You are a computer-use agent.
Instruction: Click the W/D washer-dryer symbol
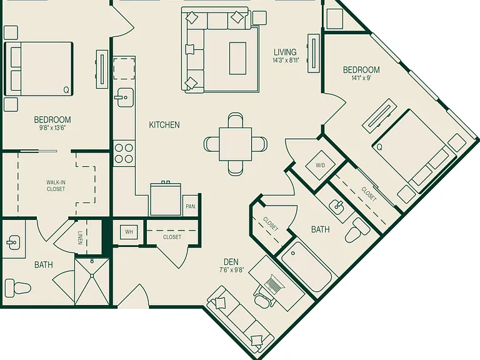tap(321, 166)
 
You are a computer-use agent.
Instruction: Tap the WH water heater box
tap(129, 232)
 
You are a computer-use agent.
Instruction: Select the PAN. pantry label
tap(191, 207)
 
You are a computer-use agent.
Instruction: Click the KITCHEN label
tap(164, 125)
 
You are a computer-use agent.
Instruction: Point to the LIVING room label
tap(285, 52)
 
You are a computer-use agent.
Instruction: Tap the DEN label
tap(231, 262)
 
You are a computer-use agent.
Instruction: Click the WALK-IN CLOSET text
tap(56, 186)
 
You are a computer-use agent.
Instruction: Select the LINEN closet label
tap(80, 237)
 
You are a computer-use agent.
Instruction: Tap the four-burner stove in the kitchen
tap(124, 154)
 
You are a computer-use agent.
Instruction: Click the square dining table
tap(236, 144)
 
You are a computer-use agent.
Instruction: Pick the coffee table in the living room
tap(238, 58)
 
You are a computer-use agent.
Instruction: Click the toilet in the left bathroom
tap(18, 287)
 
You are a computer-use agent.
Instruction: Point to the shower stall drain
tap(92, 276)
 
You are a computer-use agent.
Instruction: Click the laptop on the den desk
tap(274, 283)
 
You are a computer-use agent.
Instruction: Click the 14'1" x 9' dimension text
tap(361, 78)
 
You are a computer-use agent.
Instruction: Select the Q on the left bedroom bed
tap(66, 90)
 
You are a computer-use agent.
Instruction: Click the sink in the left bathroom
tap(13, 242)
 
